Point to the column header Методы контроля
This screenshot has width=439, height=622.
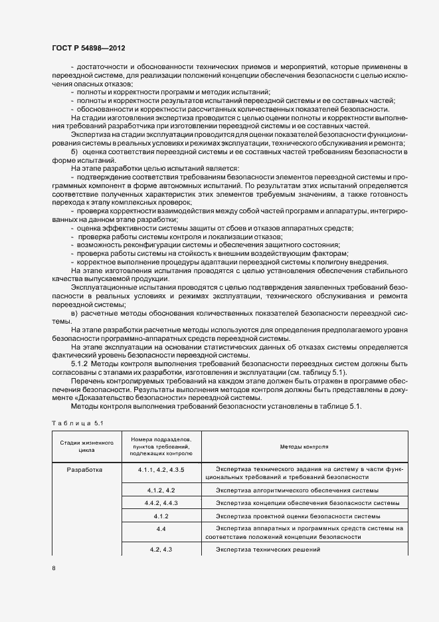[x=305, y=447]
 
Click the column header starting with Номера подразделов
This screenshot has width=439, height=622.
[x=161, y=446]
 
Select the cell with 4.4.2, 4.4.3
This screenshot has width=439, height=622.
[x=161, y=502]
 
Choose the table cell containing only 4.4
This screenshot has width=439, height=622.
[x=161, y=528]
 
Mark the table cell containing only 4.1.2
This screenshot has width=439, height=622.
[x=161, y=516]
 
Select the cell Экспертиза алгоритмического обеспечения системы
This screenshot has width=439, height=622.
[x=297, y=490]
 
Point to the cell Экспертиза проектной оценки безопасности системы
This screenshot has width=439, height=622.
[x=298, y=516]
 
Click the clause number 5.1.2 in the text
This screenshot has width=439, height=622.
[x=79, y=363]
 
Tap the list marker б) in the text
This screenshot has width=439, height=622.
[x=74, y=153]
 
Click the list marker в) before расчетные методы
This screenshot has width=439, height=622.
[x=74, y=312]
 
